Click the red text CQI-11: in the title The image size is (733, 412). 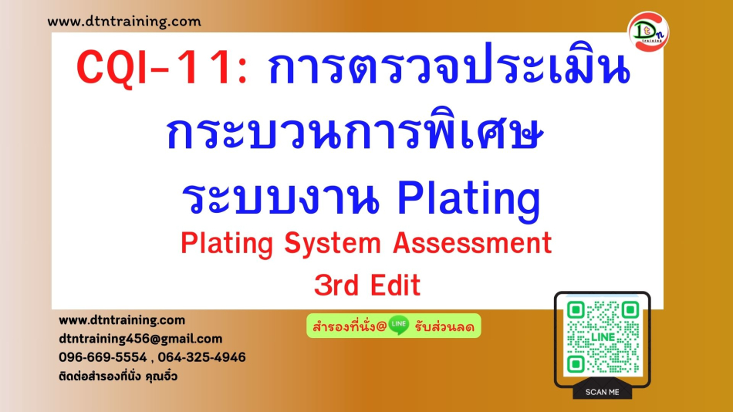(x=162, y=68)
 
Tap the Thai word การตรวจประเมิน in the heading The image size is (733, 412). (x=449, y=66)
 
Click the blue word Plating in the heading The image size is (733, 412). (x=469, y=199)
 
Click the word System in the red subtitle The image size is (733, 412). (x=333, y=244)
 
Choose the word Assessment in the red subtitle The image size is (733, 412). (x=472, y=243)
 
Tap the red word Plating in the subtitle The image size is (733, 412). (x=227, y=244)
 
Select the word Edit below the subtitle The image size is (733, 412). (x=396, y=285)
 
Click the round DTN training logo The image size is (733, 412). (x=648, y=32)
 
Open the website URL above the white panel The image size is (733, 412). (x=124, y=22)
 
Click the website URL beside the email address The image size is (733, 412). (x=122, y=320)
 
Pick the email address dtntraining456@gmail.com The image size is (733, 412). (x=140, y=339)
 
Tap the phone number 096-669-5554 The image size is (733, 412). (x=103, y=357)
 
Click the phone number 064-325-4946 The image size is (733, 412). (x=201, y=357)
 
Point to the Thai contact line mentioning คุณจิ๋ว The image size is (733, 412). (x=118, y=376)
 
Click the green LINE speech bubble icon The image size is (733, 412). (x=399, y=325)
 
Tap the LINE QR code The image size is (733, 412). (x=603, y=337)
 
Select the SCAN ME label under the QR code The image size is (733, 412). (x=602, y=393)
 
